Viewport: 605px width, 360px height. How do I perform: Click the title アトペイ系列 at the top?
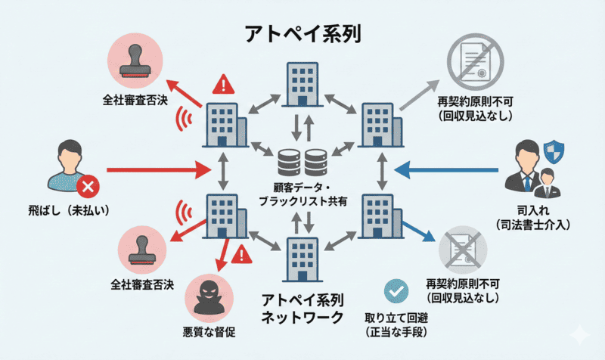pos(302,33)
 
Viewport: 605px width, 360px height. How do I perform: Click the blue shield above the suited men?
pos(554,150)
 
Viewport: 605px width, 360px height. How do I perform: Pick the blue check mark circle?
pos(396,291)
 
